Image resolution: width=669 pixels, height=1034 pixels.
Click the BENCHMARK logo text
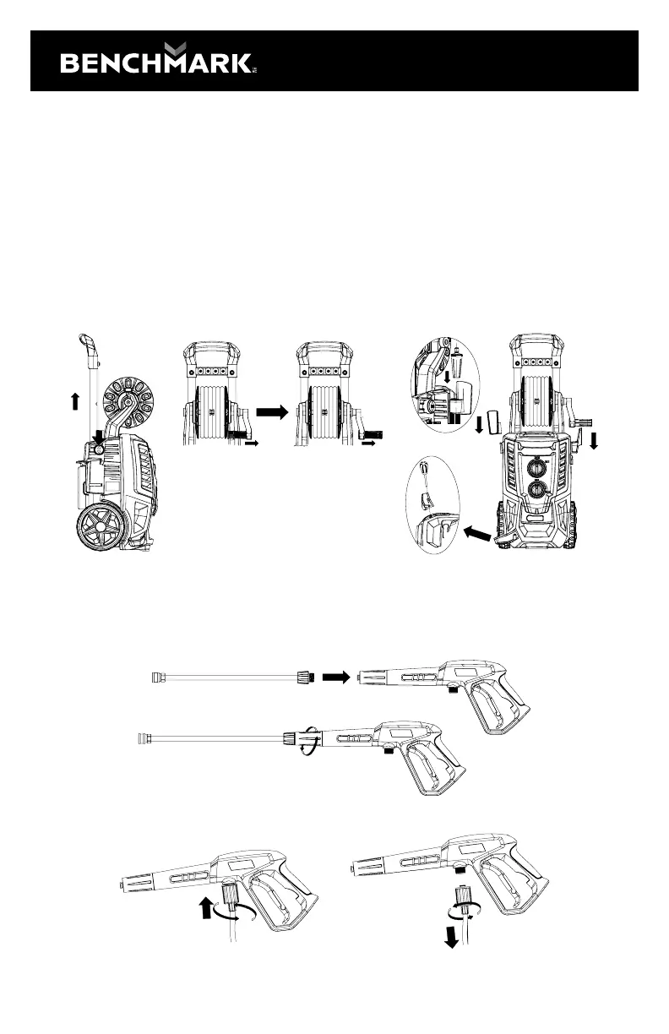point(155,62)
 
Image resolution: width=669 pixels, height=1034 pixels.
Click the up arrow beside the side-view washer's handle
point(75,399)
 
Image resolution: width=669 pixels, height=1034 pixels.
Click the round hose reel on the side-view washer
point(130,397)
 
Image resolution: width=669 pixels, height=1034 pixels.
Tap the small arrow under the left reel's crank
point(250,441)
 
